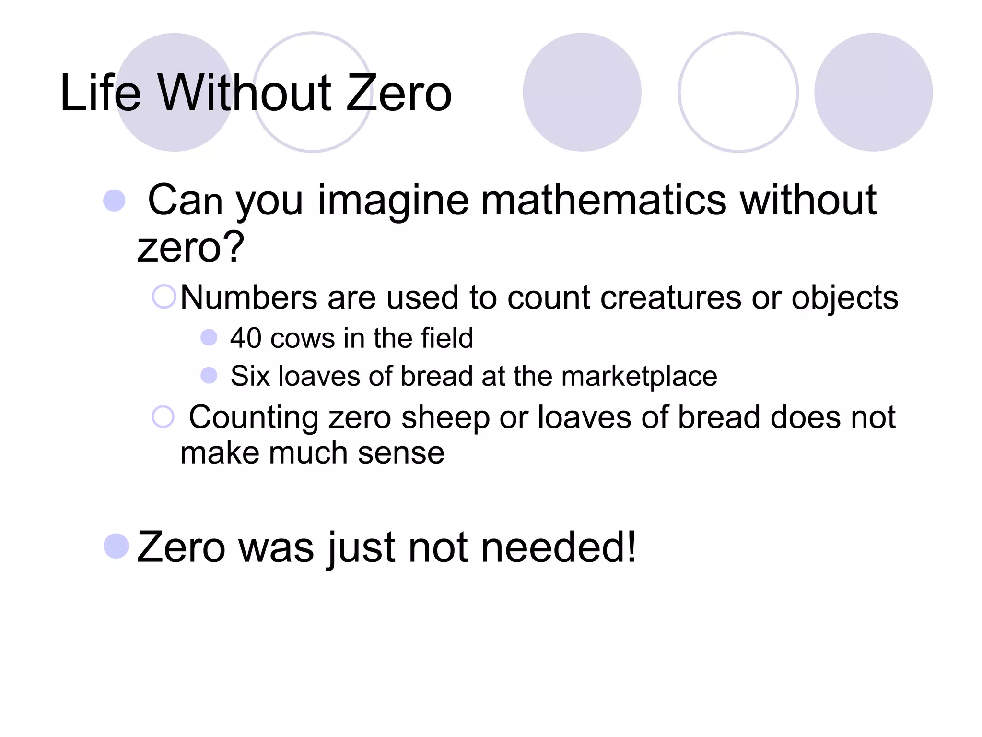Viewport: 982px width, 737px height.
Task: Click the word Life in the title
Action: pyautogui.click(x=101, y=93)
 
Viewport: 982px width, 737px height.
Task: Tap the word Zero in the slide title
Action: pyautogui.click(x=399, y=93)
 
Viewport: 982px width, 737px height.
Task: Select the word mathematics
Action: pyautogui.click(x=604, y=200)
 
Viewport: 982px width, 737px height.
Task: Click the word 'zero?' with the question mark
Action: pyautogui.click(x=191, y=248)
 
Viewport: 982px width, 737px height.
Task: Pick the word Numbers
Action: pyautogui.click(x=249, y=297)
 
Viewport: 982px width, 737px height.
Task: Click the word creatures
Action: pyautogui.click(x=671, y=297)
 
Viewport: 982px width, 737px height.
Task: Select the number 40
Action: pyautogui.click(x=245, y=338)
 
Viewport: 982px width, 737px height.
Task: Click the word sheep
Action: pyautogui.click(x=445, y=417)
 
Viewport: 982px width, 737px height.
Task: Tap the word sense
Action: pyautogui.click(x=401, y=453)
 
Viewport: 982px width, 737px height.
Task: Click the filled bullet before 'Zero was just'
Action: pyautogui.click(x=116, y=546)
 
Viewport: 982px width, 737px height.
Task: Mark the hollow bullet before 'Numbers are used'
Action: pyautogui.click(x=164, y=297)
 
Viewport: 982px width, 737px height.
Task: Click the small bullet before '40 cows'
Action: pyautogui.click(x=209, y=337)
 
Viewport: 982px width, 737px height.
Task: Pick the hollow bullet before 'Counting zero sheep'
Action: pyautogui.click(x=163, y=416)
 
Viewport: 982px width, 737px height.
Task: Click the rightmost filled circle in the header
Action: pyautogui.click(x=873, y=92)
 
